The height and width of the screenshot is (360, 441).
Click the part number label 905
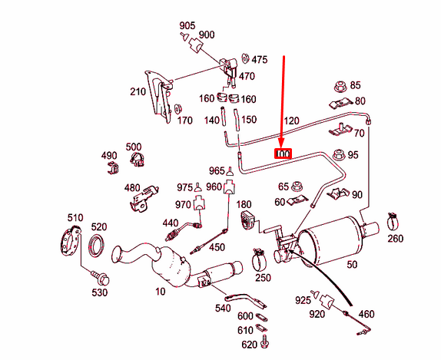click(188, 25)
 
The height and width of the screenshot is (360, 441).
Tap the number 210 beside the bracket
click(138, 92)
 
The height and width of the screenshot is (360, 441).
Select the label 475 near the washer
click(259, 59)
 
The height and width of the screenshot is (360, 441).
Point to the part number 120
click(291, 121)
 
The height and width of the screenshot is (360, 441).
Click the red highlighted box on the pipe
click(283, 154)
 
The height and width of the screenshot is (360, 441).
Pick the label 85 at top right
click(355, 84)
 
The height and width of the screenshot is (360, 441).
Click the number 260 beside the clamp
click(395, 239)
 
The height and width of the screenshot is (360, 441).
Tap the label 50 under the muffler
click(353, 265)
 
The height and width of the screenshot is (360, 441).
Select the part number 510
click(75, 218)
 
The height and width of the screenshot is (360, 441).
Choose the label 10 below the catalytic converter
click(160, 292)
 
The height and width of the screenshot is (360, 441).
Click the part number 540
click(223, 308)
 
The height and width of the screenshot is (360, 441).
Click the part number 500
click(133, 147)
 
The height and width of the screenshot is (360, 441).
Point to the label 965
click(216, 170)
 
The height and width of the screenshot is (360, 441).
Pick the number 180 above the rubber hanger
click(244, 204)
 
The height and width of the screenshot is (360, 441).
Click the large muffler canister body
click(331, 238)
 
